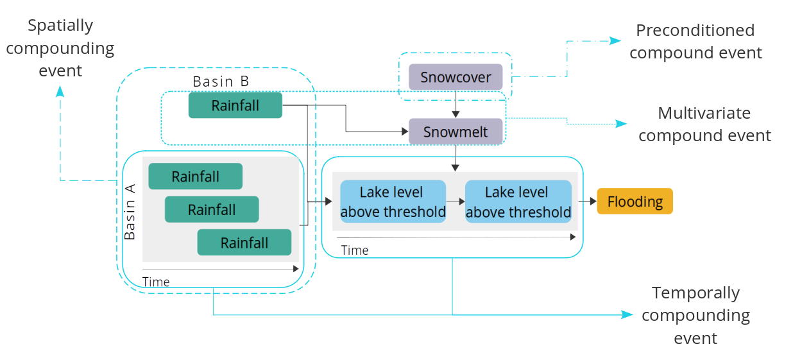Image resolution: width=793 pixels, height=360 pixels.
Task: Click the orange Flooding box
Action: (x=635, y=201)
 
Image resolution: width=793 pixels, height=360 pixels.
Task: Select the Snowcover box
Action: (x=456, y=77)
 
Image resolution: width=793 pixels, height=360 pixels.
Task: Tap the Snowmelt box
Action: (x=456, y=132)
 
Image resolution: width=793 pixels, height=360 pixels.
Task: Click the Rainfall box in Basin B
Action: (x=235, y=105)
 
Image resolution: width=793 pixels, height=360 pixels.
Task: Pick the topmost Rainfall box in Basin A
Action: (x=195, y=176)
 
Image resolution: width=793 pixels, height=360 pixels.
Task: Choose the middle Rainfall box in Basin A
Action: (x=212, y=209)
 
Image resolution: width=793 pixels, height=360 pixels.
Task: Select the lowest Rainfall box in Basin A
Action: (x=244, y=243)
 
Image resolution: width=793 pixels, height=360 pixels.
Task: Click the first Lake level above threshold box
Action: (x=393, y=201)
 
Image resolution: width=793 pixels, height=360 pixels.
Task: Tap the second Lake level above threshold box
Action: (x=518, y=201)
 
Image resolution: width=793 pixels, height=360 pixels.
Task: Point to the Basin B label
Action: (x=221, y=81)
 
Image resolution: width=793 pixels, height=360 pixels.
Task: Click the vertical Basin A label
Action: (x=130, y=211)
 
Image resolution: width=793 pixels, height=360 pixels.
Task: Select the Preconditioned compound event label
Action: (x=695, y=41)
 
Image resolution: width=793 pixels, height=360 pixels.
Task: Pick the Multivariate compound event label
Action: (x=704, y=124)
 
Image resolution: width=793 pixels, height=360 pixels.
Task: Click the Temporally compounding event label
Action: (x=695, y=315)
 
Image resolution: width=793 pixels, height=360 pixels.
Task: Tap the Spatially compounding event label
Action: (x=60, y=47)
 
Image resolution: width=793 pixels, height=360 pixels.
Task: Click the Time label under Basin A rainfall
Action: (x=156, y=282)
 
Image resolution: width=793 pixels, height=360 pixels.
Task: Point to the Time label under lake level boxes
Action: (x=354, y=250)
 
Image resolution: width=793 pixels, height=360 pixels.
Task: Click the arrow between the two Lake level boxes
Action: (x=456, y=201)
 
